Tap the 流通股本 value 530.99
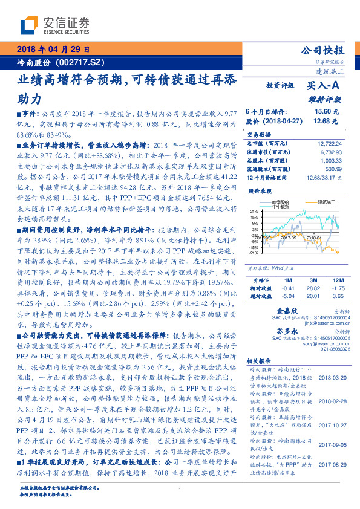click(334, 169)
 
